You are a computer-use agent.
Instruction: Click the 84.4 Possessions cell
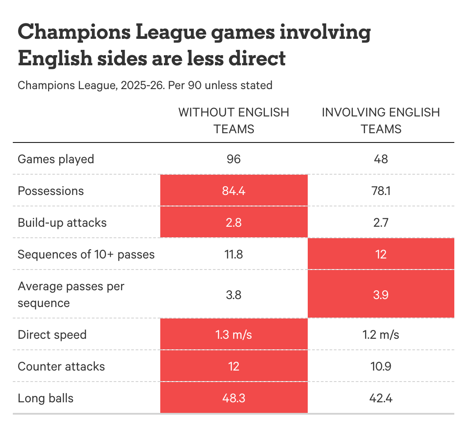point(234,191)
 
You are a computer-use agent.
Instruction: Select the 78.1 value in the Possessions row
point(381,191)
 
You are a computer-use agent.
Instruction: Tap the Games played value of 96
point(234,159)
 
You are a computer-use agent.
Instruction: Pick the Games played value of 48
point(381,159)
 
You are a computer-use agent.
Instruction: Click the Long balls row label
point(45,398)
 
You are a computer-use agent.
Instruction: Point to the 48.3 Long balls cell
point(234,398)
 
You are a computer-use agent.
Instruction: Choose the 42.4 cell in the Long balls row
point(381,398)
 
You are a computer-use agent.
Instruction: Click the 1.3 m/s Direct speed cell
point(234,334)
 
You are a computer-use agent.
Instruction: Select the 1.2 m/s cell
point(381,334)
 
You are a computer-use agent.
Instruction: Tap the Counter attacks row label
point(61,366)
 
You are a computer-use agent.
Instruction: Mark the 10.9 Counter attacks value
point(381,366)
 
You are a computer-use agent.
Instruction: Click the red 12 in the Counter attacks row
point(234,366)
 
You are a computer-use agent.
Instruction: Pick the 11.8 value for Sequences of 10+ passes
point(234,254)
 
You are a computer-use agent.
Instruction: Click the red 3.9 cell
point(381,295)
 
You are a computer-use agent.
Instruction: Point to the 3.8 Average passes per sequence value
point(234,295)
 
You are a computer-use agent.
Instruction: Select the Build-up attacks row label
point(62,222)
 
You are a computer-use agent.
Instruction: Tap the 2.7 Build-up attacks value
point(381,222)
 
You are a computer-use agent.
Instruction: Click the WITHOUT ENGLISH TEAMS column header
point(234,120)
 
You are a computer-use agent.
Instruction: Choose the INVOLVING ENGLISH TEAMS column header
point(381,120)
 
